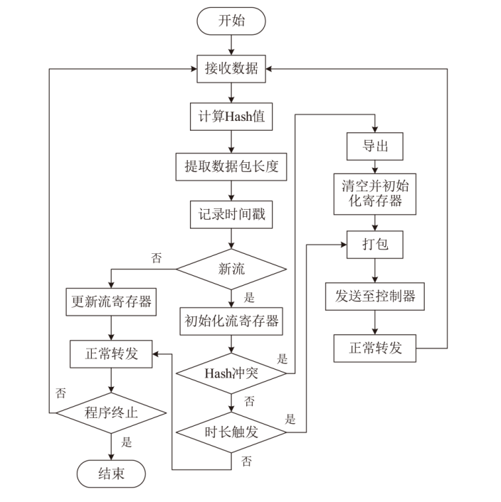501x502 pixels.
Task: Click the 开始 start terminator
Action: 231,21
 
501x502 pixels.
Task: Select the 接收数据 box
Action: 231,68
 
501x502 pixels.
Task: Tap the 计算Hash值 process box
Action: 231,117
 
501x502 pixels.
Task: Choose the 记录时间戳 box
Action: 231,213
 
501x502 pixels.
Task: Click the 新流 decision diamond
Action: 231,269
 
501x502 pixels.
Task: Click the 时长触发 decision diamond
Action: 231,429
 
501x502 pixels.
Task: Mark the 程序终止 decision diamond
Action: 111,412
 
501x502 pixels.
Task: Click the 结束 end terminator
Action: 111,473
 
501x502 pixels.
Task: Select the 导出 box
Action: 374,146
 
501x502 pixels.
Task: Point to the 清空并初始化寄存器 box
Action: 374,192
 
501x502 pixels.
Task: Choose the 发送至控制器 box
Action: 374,297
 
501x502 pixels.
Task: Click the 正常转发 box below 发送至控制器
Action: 374,348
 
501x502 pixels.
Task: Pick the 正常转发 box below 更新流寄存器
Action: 111,353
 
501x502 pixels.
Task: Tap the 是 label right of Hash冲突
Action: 282,358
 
